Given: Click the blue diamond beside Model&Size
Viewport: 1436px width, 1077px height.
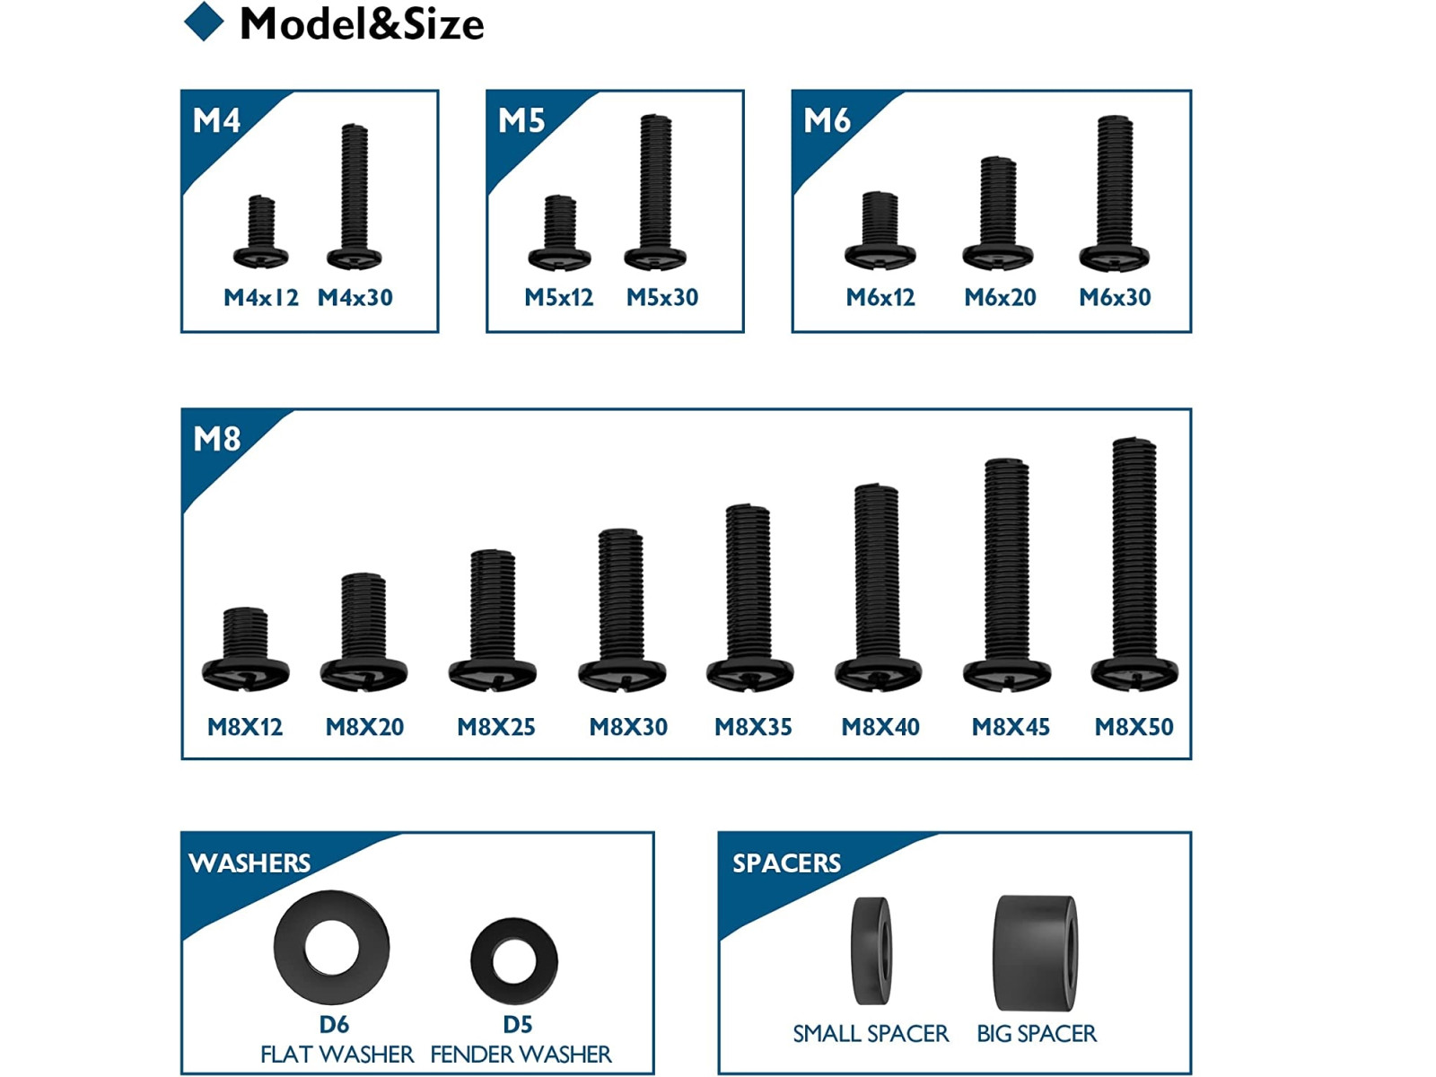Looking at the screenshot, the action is tap(204, 22).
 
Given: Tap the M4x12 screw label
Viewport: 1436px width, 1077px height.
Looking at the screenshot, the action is tap(260, 298).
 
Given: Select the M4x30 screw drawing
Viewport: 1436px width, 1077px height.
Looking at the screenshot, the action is tap(354, 196).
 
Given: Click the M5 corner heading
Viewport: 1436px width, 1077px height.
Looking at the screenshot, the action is tap(521, 120).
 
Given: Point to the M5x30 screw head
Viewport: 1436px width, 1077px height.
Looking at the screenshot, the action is tap(654, 258).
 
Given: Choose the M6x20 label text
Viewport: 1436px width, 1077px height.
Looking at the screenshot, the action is tap(1000, 298).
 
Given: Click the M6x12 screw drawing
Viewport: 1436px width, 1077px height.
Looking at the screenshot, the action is tap(880, 230).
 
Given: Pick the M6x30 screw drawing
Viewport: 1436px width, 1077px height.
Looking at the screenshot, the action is tap(1114, 193).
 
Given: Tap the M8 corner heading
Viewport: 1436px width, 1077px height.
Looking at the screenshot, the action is tap(216, 439).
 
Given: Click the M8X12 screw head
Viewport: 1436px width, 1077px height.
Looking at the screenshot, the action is tap(245, 673).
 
